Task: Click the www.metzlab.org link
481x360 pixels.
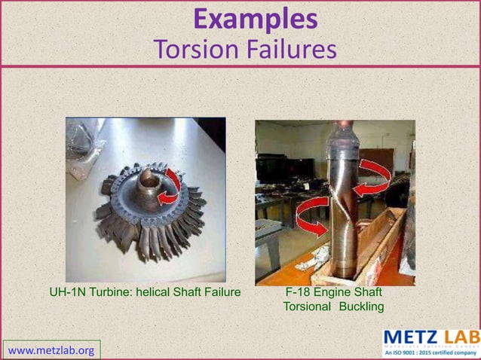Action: tap(51, 350)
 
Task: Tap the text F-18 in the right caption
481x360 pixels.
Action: tap(297, 292)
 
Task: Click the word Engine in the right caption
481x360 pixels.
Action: tap(333, 292)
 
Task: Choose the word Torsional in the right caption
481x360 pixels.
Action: tap(307, 307)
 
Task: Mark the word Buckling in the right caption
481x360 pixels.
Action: tap(361, 307)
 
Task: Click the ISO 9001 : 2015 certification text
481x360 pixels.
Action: tap(430, 352)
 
